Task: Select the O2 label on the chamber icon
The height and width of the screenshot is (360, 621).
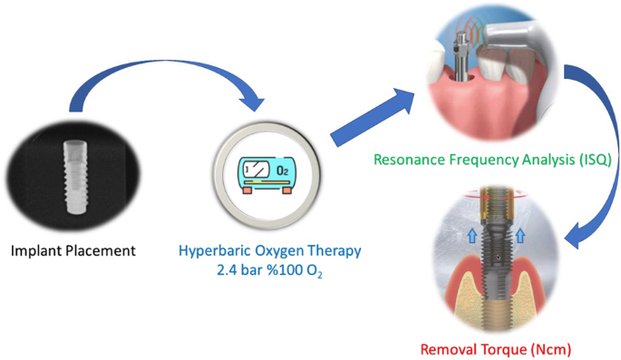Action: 282,170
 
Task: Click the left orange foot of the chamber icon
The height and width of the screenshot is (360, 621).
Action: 247,190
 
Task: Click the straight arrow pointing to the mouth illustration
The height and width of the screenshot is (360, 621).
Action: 373,118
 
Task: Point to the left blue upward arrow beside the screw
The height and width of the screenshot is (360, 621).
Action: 472,237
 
